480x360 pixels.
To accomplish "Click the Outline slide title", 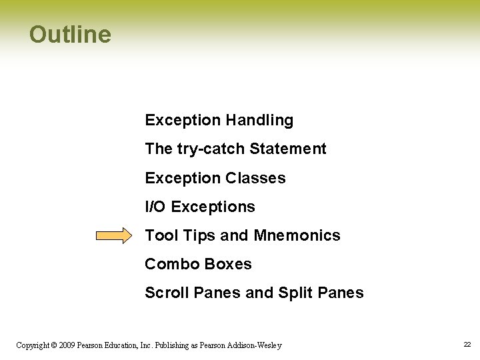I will point(70,35).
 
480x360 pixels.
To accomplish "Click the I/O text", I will point(155,207).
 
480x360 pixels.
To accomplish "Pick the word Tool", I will point(161,235).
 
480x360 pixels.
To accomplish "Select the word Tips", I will point(198,235).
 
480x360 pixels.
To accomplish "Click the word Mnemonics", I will point(297,235).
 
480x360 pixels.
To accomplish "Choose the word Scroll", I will point(167,293).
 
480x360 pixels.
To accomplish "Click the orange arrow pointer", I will point(115,235).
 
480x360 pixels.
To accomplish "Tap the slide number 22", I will point(467,345).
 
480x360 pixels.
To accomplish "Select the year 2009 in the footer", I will point(67,345).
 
